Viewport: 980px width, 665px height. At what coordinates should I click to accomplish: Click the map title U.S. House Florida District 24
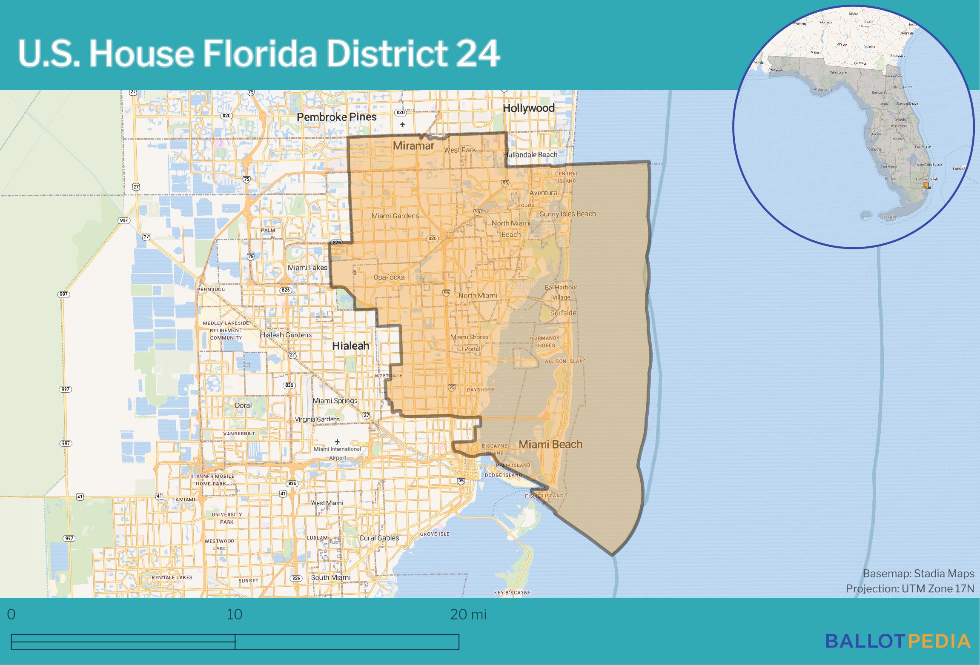coord(258,54)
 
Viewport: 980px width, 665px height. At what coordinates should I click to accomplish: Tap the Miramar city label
coord(413,146)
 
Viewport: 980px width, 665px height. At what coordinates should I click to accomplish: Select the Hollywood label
coord(528,108)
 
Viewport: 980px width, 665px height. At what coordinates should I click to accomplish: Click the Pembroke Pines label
coord(336,117)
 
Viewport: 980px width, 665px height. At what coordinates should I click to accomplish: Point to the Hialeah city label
coord(350,346)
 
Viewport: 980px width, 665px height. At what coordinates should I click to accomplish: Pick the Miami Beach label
coord(550,444)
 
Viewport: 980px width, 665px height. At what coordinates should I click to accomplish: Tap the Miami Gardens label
coord(395,216)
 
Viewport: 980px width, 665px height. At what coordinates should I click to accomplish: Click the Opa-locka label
coord(389,277)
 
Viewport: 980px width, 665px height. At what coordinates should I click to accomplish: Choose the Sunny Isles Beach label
coord(567,214)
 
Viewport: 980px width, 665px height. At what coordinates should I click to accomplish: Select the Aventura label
coord(543,193)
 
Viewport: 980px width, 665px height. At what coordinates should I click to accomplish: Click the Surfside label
coord(563,313)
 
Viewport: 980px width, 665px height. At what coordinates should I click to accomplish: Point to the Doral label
coord(243,405)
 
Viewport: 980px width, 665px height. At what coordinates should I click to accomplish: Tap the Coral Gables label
coord(379,538)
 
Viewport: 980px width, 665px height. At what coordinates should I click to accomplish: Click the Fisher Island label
coord(544,496)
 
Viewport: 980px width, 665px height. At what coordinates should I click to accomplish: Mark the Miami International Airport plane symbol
coord(338,442)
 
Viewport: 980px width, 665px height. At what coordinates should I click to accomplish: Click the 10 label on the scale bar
coord(235,614)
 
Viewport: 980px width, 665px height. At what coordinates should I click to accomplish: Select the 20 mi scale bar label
coord(468,614)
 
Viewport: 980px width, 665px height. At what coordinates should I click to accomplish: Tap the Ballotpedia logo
coord(898,641)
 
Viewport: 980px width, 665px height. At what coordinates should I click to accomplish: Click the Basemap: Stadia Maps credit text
coord(918,574)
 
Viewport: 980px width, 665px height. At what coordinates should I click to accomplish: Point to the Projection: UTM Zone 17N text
coord(910,588)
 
